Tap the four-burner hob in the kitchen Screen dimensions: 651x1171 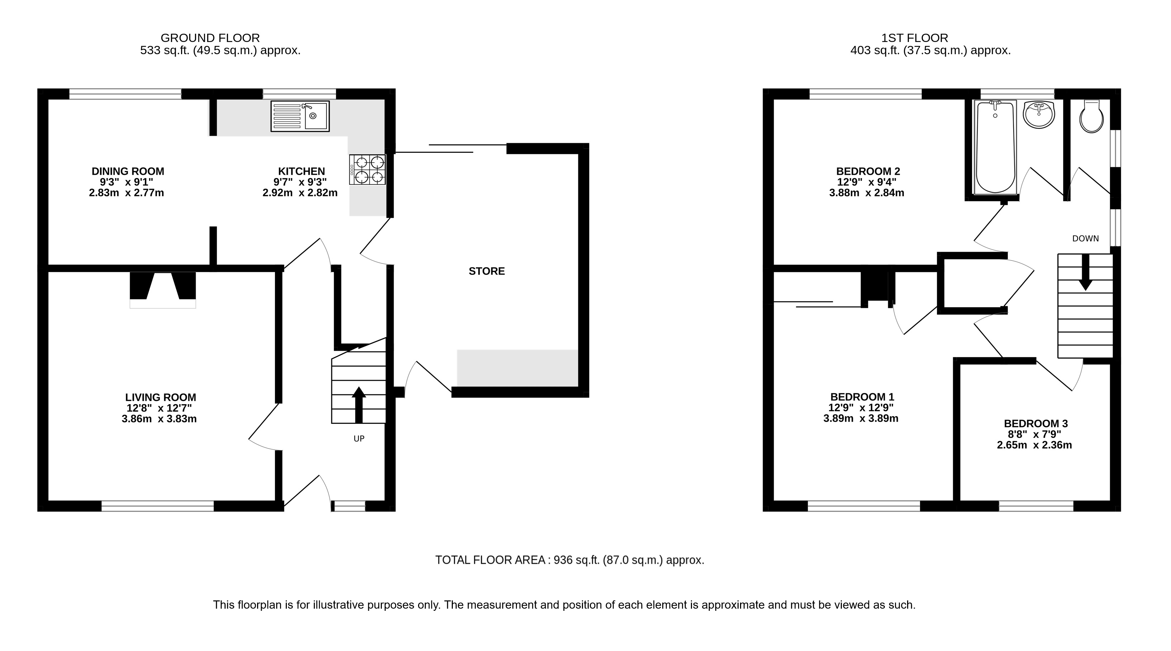click(x=367, y=169)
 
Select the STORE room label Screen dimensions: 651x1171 click(x=487, y=271)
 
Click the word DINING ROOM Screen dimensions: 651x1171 click(x=128, y=172)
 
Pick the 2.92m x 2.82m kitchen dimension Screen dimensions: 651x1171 click(x=300, y=193)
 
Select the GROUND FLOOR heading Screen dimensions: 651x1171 click(x=210, y=38)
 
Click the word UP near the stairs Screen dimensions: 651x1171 click(x=359, y=439)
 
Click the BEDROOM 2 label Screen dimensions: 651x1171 click(x=868, y=172)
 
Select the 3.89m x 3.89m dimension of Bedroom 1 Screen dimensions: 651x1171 click(x=861, y=418)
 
